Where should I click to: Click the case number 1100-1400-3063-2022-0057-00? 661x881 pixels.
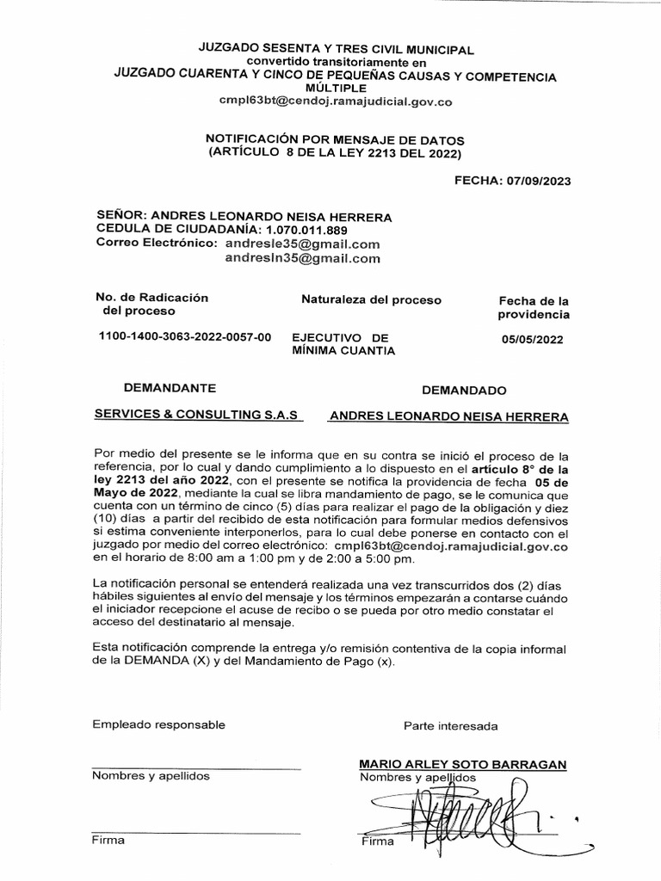click(x=185, y=337)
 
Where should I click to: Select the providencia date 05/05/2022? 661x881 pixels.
click(x=532, y=339)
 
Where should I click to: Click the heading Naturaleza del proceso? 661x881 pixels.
click(x=371, y=300)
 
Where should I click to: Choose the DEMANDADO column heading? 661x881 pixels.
click(x=464, y=390)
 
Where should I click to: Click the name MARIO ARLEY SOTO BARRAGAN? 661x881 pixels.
click(x=463, y=764)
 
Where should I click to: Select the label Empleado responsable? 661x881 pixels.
click(x=158, y=725)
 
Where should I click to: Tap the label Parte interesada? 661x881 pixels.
click(x=450, y=726)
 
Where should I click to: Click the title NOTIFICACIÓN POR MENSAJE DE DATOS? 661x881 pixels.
click(x=335, y=139)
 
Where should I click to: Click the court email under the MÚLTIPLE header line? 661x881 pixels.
click(x=335, y=101)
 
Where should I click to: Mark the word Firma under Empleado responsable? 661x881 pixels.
click(x=108, y=840)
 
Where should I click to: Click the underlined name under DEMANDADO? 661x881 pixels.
click(x=449, y=416)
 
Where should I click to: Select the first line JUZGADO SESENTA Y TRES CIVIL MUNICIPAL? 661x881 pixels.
click(x=337, y=51)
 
